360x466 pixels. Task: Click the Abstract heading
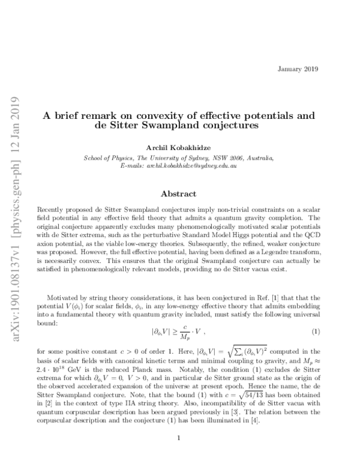pos(180,193)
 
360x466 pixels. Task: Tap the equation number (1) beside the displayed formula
pos(316,332)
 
